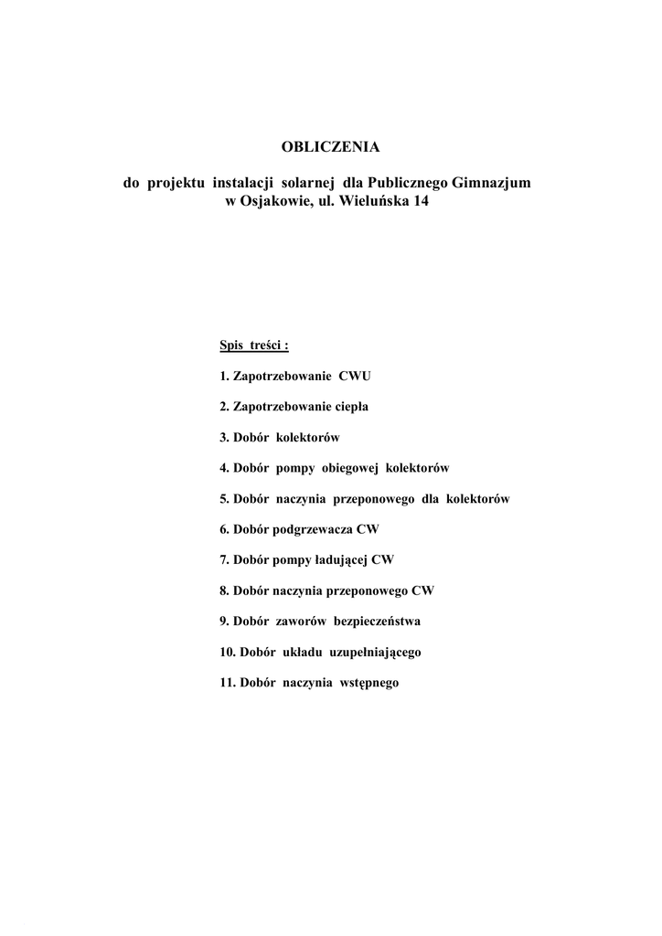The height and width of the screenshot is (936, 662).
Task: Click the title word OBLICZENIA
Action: pos(329,146)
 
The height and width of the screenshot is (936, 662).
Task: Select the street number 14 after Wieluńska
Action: pos(420,201)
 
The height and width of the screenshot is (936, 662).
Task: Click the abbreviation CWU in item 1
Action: pos(355,376)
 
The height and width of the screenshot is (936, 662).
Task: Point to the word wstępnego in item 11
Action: pos(369,684)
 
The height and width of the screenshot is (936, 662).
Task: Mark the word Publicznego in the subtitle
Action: pos(411,183)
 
